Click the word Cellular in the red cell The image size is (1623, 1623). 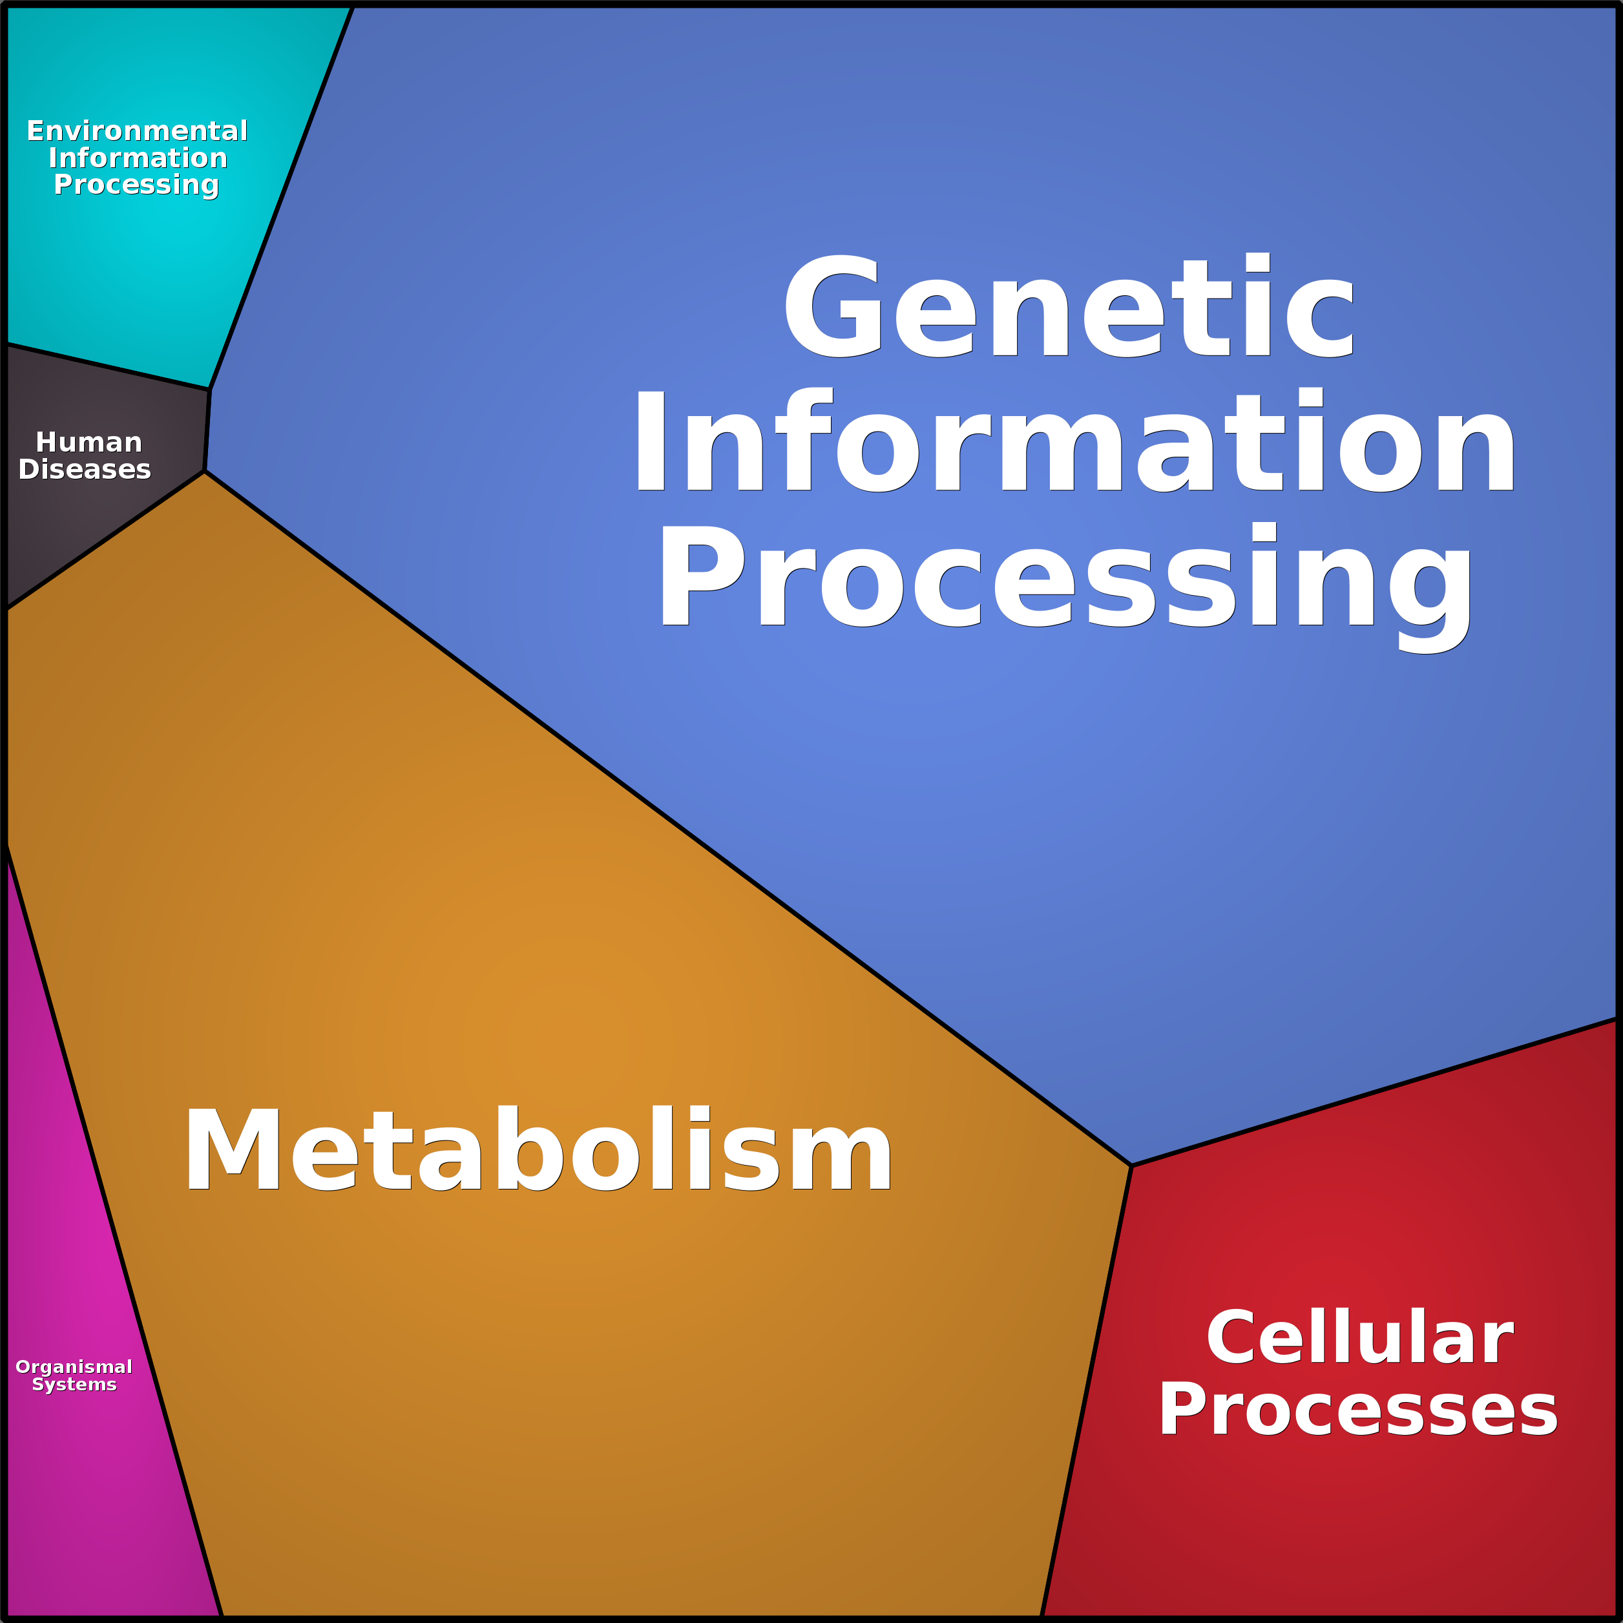pos(1359,1337)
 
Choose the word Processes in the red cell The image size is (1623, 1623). pos(1357,1410)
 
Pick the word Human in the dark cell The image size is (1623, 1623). pos(89,443)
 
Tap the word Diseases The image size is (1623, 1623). pos(85,470)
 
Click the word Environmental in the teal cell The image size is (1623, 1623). pos(137,131)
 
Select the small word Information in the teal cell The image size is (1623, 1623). pos(138,158)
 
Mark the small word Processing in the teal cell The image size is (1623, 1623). pos(136,185)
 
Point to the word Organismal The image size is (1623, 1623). pos(74,1366)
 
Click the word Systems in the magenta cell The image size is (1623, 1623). pos(74,1385)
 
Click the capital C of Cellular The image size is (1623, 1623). pos(1235,1337)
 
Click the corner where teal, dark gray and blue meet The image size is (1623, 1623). pos(210,390)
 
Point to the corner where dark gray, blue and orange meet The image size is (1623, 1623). pos(205,471)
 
